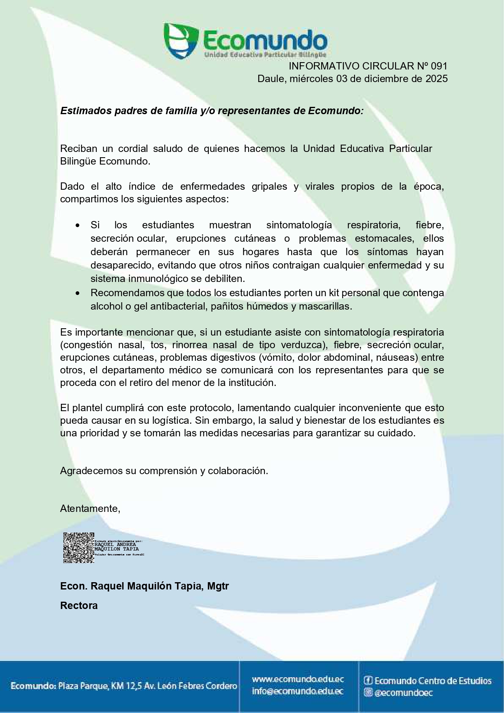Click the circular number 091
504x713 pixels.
[x=439, y=66]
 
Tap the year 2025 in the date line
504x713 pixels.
[x=437, y=79]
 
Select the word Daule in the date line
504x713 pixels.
[x=271, y=79]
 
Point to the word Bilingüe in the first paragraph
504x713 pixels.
[x=78, y=161]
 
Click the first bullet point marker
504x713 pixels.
[x=78, y=225]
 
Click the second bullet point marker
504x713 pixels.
[x=78, y=293]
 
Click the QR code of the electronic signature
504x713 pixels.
[x=78, y=548]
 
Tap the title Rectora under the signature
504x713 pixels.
[x=79, y=606]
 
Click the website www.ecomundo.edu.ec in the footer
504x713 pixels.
[x=298, y=679]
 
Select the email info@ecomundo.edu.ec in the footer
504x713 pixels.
[x=298, y=691]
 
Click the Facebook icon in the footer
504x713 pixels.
[x=368, y=680]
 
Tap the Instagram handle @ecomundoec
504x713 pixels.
[x=403, y=693]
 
